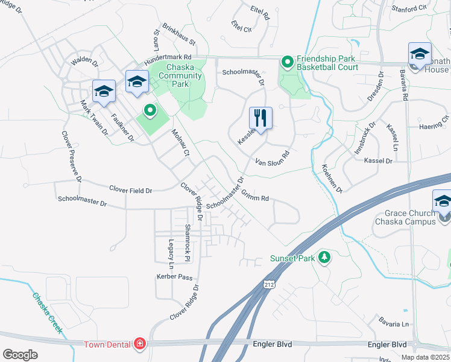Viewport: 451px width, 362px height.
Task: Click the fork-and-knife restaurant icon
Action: click(260, 117)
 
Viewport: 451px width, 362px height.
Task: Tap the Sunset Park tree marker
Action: click(324, 258)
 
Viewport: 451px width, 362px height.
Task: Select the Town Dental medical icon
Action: click(140, 344)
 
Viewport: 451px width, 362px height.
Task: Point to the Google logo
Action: click(20, 354)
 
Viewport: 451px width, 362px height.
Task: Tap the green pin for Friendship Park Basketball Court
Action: click(288, 62)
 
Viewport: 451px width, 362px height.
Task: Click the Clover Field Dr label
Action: click(131, 190)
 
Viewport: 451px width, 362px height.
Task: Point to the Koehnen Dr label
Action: click(332, 179)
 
